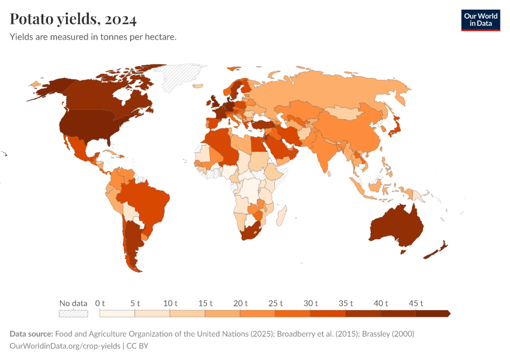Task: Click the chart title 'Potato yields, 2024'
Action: (73, 20)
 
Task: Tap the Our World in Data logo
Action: (480, 20)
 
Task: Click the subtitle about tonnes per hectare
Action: (93, 37)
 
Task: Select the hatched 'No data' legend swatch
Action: (73, 313)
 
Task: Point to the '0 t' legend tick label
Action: (100, 303)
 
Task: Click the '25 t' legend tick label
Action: (275, 303)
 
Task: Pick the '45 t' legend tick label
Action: (416, 303)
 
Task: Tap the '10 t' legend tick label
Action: (170, 303)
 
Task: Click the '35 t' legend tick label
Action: (346, 303)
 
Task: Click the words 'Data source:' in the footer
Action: (31, 334)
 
